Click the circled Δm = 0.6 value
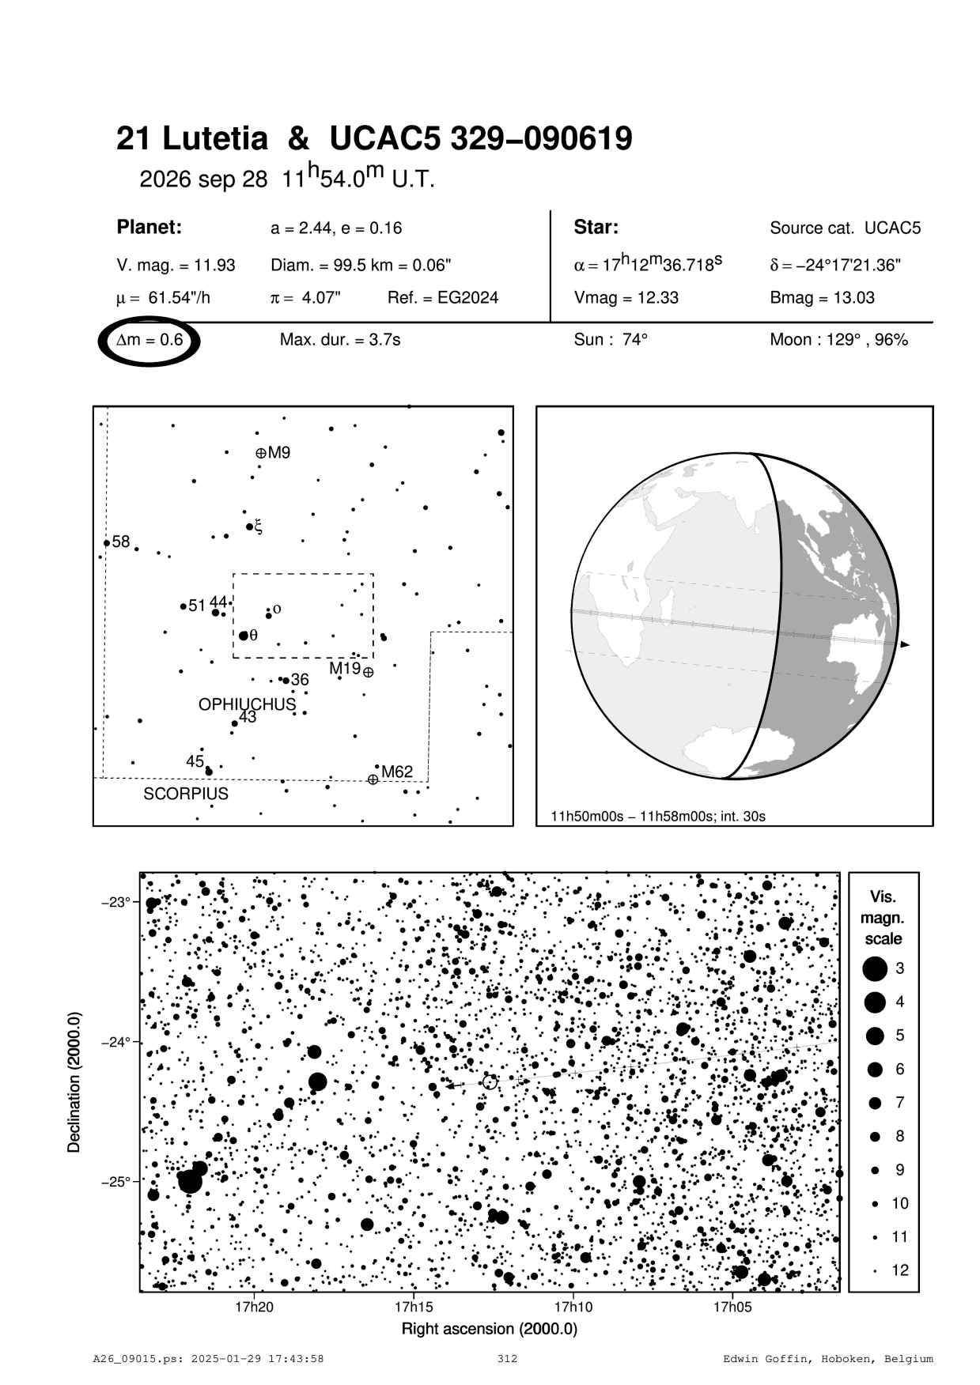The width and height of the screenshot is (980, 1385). (x=149, y=341)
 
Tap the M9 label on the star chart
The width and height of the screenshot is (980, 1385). (x=279, y=453)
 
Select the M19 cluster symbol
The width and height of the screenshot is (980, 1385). (x=368, y=672)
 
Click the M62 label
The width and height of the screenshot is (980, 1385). (x=397, y=772)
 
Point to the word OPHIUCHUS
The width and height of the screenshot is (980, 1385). (x=247, y=704)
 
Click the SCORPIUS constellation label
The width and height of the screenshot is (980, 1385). (x=186, y=794)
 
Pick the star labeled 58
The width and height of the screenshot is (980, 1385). (x=107, y=543)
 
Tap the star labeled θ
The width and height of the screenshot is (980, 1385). (x=243, y=636)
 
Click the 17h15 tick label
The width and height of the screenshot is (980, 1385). (x=414, y=1307)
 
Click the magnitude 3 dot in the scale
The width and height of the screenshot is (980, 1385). (x=875, y=968)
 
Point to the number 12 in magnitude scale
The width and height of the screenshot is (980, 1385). (x=900, y=1270)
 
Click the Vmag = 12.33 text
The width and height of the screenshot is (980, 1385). (x=626, y=298)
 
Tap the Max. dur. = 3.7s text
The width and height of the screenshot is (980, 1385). (x=340, y=340)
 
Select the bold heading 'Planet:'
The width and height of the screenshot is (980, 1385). (x=149, y=228)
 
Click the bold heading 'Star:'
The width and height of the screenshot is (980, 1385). (x=596, y=228)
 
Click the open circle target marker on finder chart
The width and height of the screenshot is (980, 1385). (x=490, y=1081)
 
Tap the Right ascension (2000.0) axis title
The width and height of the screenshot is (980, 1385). (x=490, y=1329)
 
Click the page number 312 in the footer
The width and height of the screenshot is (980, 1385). (x=507, y=1359)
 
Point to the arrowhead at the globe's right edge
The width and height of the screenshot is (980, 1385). (x=905, y=645)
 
